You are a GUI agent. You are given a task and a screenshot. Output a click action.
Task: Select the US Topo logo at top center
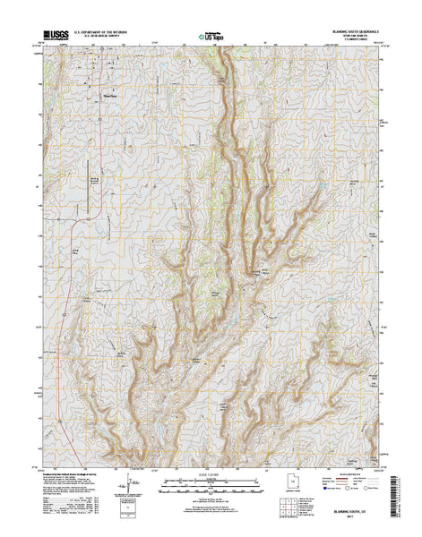pos(211,37)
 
